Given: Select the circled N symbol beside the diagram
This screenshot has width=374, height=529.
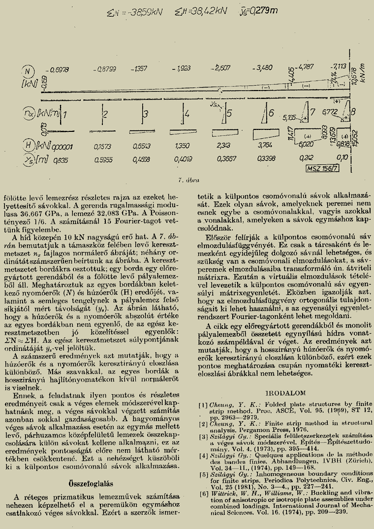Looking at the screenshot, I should [x=30, y=70].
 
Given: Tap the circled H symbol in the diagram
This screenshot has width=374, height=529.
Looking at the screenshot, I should [x=29, y=145].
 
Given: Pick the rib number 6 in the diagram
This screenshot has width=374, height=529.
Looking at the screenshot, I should [x=271, y=113].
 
